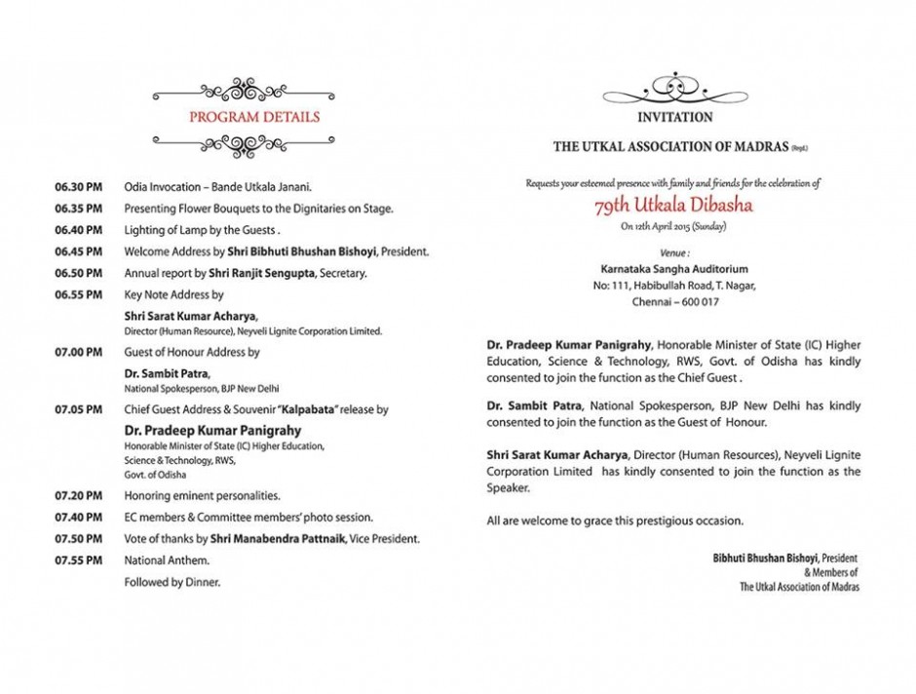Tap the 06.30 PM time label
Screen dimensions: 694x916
78,185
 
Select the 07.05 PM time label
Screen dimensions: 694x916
78,409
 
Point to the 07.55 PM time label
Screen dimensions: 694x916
78,560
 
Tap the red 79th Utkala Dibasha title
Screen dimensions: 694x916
673,206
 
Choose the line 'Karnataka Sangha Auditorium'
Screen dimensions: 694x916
674,268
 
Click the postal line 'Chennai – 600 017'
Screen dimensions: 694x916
674,302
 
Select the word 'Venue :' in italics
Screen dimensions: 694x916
674,251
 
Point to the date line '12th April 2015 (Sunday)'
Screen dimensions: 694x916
673,226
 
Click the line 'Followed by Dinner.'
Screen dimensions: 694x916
172,582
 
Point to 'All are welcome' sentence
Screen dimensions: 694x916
615,520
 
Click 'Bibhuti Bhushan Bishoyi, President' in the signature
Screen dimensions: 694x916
785,558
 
